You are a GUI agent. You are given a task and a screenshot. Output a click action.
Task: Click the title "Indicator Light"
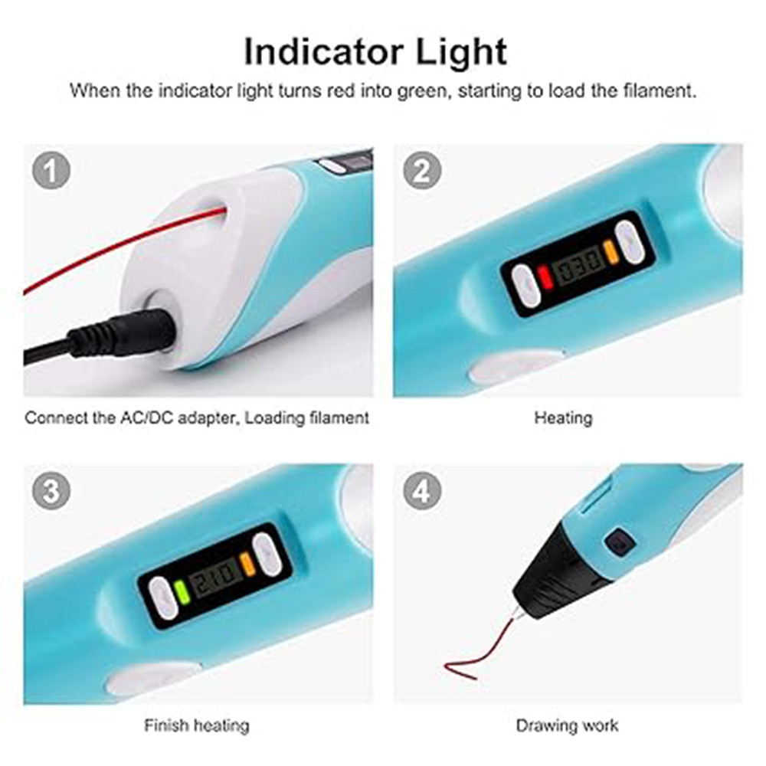click(375, 52)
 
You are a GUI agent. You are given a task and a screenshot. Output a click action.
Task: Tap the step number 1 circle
click(51, 172)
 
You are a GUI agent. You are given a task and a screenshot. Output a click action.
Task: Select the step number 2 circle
click(421, 172)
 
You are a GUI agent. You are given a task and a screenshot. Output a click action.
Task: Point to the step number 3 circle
click(51, 491)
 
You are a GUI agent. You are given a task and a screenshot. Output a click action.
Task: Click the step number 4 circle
click(421, 491)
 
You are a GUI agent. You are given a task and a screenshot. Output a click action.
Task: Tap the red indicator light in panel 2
click(545, 277)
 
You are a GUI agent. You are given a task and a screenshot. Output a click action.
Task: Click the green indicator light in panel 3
click(181, 591)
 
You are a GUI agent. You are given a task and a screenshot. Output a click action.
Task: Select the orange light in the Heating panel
click(610, 251)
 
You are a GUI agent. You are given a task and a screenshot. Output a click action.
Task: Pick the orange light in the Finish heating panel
click(246, 563)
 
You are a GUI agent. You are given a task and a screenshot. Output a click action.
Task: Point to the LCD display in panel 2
click(578, 265)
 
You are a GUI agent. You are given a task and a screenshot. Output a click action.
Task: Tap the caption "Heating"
click(563, 418)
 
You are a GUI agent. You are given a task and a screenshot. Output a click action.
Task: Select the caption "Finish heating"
click(197, 725)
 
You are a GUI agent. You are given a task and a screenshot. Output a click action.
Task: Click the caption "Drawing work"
click(567, 725)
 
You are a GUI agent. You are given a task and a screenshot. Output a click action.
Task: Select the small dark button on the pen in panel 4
click(619, 543)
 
